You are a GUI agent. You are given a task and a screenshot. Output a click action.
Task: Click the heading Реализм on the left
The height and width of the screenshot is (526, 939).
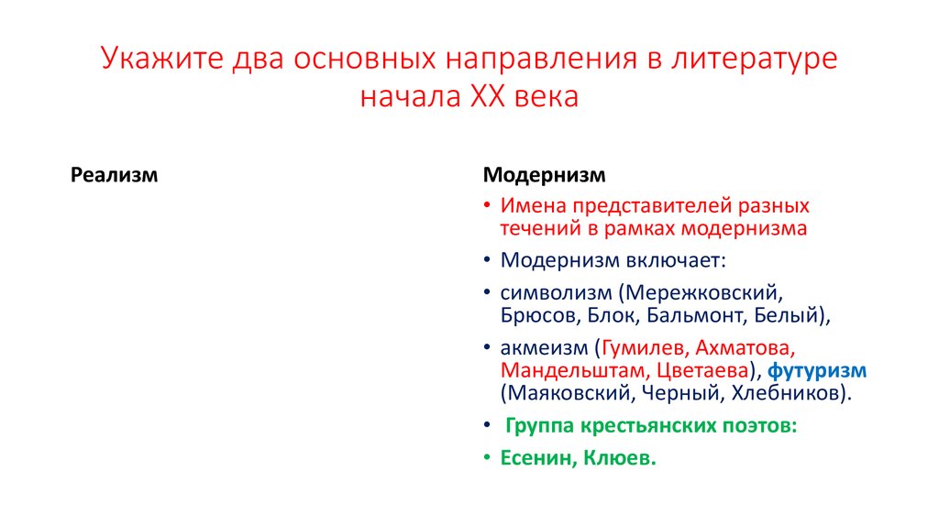point(115,174)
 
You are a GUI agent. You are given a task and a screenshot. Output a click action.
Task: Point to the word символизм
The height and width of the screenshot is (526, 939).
point(555,294)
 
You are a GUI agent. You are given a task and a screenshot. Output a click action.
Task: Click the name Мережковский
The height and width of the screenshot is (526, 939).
point(701,294)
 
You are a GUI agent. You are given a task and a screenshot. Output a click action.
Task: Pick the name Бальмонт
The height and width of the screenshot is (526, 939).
point(688,317)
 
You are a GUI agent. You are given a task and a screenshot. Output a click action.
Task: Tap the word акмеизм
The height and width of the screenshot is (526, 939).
point(544,349)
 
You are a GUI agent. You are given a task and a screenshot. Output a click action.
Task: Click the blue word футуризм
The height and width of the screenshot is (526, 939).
point(817,371)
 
